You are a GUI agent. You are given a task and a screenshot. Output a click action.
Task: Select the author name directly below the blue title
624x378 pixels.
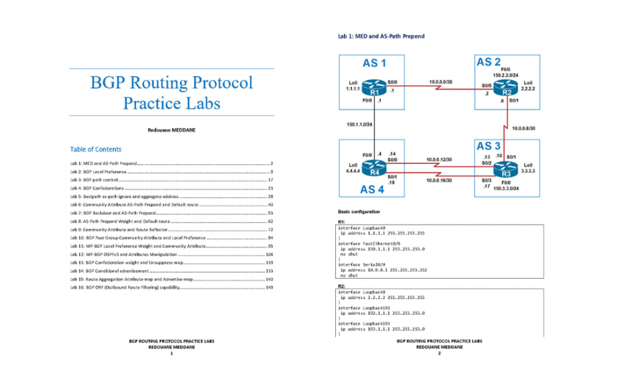[171, 130]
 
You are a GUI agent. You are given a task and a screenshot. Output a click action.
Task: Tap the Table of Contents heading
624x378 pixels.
[96, 149]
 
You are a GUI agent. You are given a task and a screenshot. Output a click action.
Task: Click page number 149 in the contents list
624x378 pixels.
[269, 287]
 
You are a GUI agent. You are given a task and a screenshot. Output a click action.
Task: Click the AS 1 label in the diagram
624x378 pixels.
[374, 63]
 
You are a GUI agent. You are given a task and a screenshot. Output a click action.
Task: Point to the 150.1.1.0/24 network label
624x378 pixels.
[359, 124]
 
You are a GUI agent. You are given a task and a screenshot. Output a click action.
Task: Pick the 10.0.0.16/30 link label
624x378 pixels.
[439, 180]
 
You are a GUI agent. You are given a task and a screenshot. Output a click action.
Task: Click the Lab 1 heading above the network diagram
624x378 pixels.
[381, 36]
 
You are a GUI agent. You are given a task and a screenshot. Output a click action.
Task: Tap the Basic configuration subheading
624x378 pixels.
[360, 211]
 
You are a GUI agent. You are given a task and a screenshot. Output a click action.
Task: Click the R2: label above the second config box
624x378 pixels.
[341, 285]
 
